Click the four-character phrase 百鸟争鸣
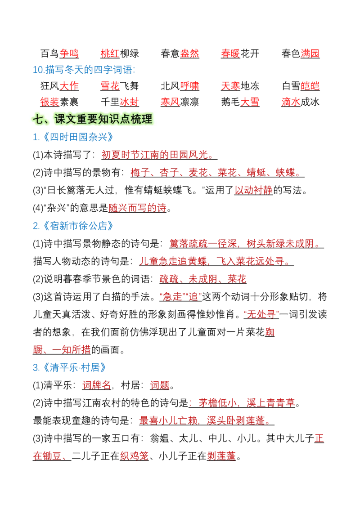pyautogui.click(x=59, y=54)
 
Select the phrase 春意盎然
pyautogui.click(x=180, y=54)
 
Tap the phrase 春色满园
pyautogui.click(x=301, y=54)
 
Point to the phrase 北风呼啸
pyautogui.click(x=180, y=86)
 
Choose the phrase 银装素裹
pyautogui.click(x=59, y=102)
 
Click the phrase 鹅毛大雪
pyautogui.click(x=240, y=102)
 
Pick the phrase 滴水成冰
pyautogui.click(x=301, y=102)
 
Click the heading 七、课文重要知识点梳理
pyautogui.click(x=93, y=119)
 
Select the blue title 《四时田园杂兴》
pyautogui.click(x=78, y=137)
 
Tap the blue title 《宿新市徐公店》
pyautogui.click(x=78, y=226)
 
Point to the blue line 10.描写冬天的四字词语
pyautogui.click(x=84, y=70)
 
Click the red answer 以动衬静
pyautogui.click(x=253, y=190)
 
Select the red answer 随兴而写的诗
pyautogui.click(x=137, y=208)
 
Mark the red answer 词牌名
pyautogui.click(x=96, y=385)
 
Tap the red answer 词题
pyautogui.click(x=160, y=385)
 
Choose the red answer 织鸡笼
pyautogui.click(x=134, y=456)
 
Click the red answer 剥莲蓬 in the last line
pyautogui.click(x=221, y=456)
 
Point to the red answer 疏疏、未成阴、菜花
pyautogui.click(x=203, y=279)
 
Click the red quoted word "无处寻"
pyautogui.click(x=261, y=314)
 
